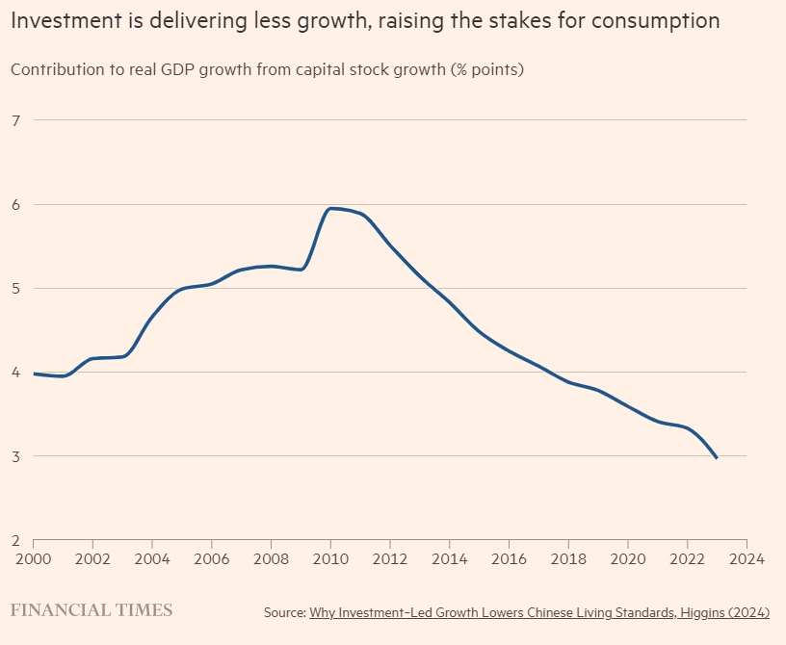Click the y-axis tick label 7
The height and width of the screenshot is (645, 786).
pos(15,120)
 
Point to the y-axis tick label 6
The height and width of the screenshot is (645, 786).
pos(15,204)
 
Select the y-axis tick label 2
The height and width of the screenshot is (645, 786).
pos(15,540)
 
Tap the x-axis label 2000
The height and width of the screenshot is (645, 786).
pos(33,557)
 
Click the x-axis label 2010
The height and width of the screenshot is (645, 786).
pos(330,557)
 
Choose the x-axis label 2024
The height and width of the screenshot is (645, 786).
pos(747,557)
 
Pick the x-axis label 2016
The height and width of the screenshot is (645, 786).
pos(509,557)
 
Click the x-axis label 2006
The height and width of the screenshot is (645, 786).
pos(211,557)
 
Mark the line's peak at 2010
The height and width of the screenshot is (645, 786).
pos(332,208)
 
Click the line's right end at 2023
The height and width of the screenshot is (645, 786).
pos(717,458)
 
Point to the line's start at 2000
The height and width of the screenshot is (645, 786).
pos(34,374)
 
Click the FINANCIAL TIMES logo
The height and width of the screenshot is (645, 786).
pos(92,610)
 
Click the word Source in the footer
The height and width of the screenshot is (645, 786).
pos(284,612)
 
